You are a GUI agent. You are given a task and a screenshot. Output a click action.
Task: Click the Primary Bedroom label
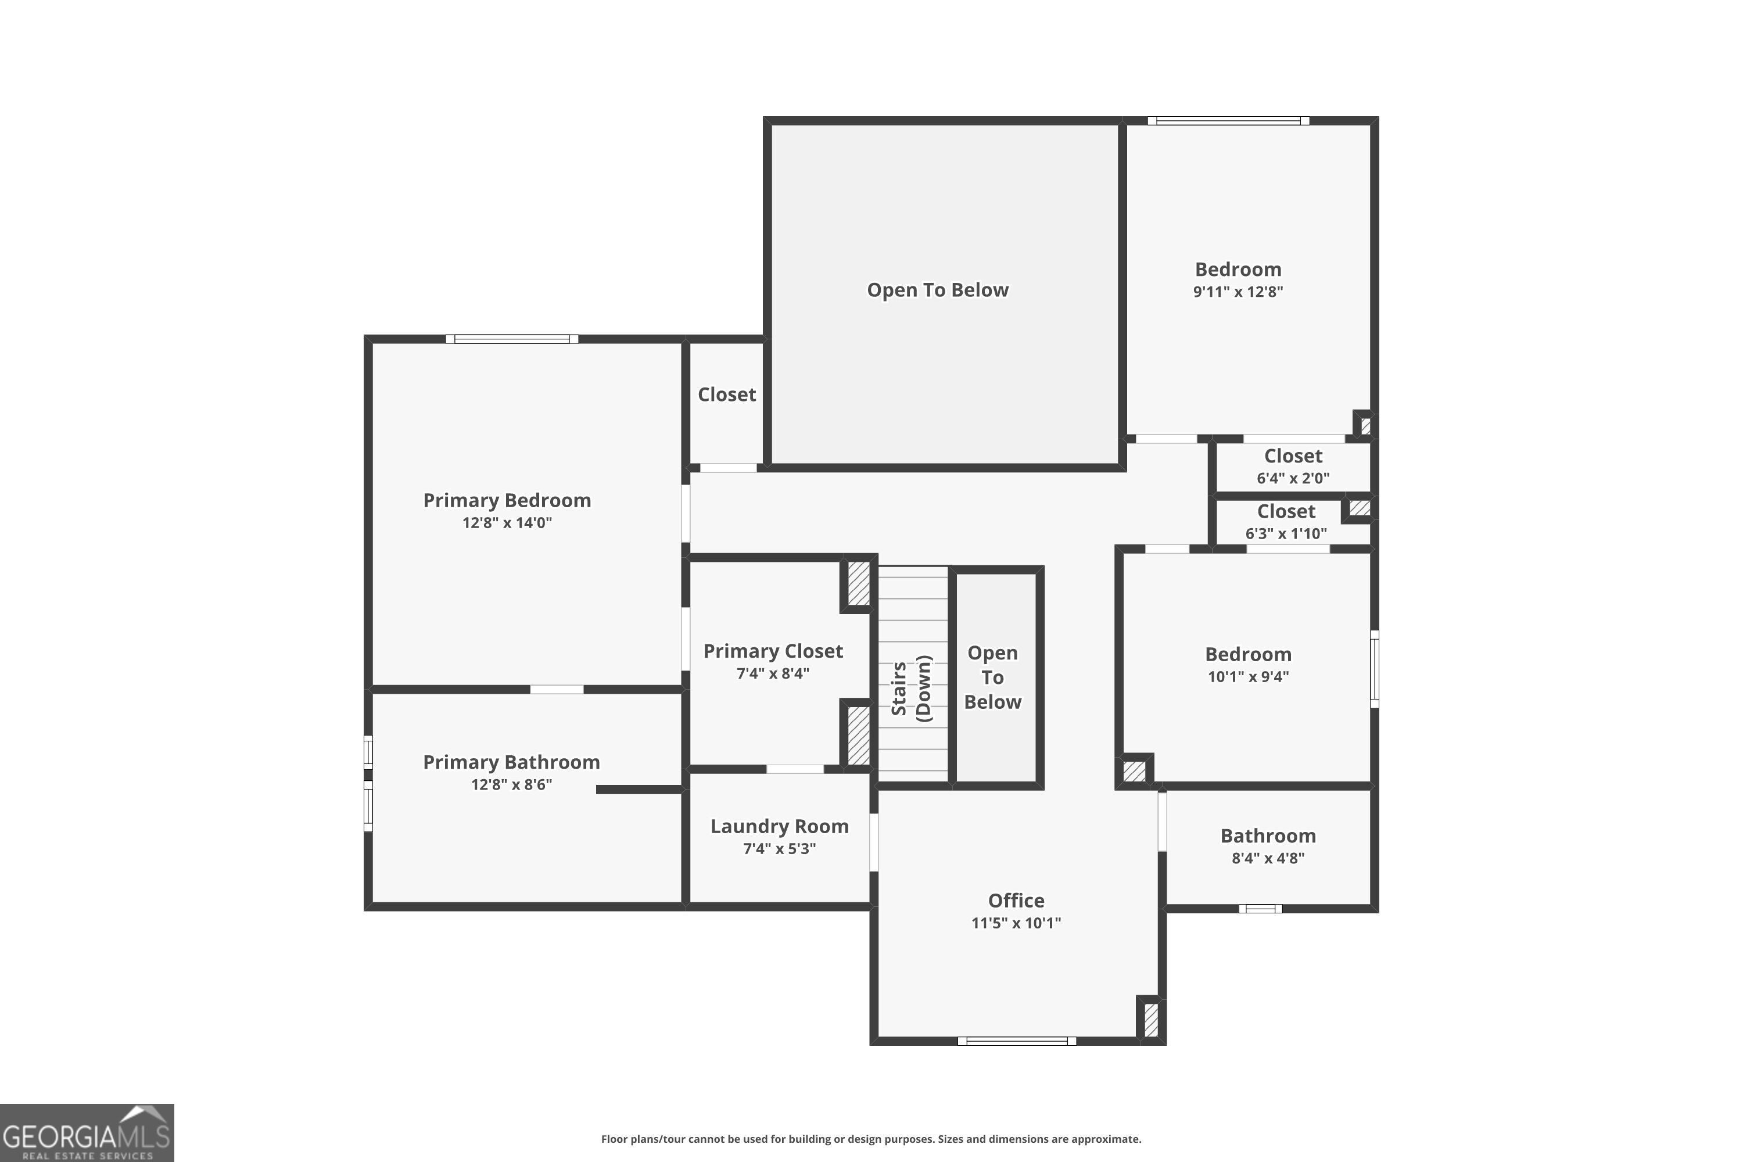click(x=507, y=500)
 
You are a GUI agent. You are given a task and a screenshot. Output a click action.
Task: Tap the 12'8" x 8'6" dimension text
click(x=511, y=784)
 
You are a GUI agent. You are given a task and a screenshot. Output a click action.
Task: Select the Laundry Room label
click(x=779, y=826)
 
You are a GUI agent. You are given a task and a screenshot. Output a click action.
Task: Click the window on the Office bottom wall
click(x=1017, y=1041)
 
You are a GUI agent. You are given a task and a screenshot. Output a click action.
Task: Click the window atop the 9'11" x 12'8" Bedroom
click(x=1228, y=121)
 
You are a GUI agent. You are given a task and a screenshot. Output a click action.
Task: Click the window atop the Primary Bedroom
click(x=511, y=339)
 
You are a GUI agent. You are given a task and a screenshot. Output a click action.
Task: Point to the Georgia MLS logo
click(x=87, y=1132)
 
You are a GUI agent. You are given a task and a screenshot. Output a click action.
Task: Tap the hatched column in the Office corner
click(x=1151, y=1020)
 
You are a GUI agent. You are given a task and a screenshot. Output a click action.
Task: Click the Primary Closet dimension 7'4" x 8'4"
click(x=772, y=673)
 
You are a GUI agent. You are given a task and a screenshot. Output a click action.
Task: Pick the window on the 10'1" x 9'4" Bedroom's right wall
click(x=1374, y=669)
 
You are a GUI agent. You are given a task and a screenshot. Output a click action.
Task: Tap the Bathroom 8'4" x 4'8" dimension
click(x=1267, y=858)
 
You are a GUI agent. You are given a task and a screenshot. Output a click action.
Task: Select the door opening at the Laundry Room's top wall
click(x=794, y=769)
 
